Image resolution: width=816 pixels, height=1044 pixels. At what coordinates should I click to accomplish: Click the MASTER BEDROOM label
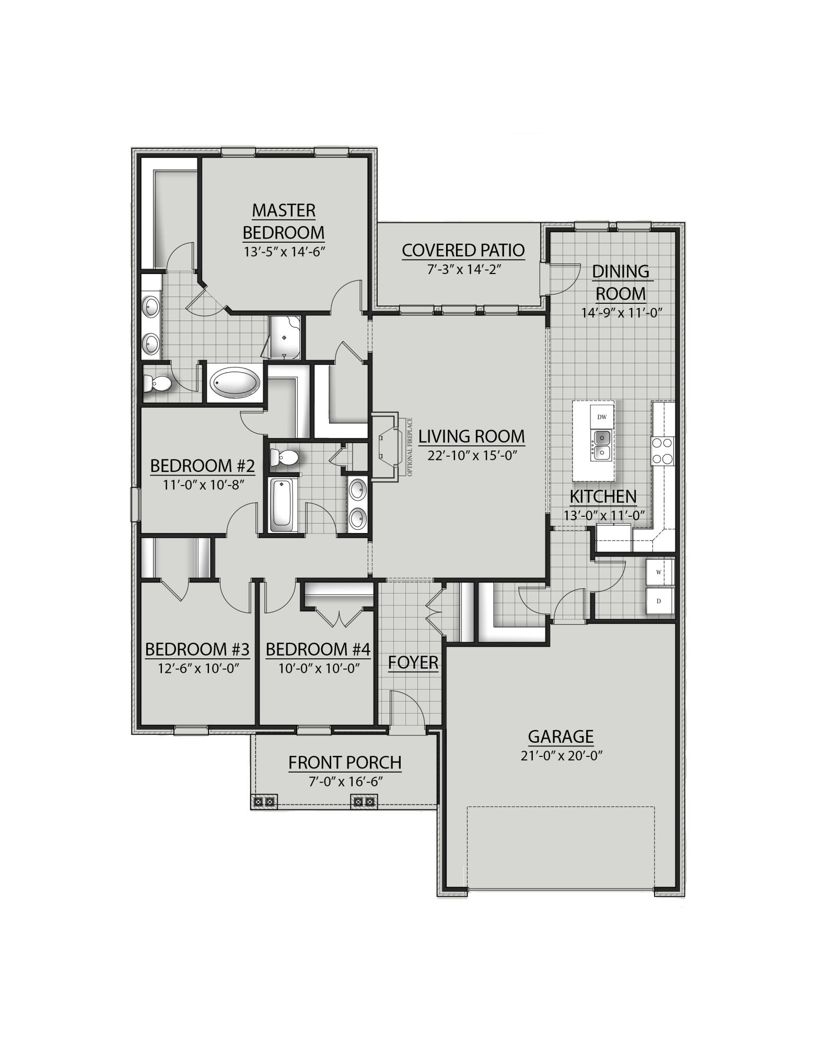(284, 221)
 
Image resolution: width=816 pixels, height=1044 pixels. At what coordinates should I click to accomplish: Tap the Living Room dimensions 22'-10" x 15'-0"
(472, 455)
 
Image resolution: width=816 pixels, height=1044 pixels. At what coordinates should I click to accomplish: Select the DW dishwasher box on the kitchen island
(602, 417)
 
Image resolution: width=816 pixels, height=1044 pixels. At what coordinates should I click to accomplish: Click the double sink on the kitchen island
(602, 445)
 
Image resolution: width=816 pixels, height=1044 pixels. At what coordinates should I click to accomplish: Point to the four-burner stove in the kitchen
(663, 451)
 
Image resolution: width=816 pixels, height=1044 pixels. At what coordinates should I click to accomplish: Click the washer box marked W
(659, 573)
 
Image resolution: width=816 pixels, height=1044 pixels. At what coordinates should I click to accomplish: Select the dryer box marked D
(659, 601)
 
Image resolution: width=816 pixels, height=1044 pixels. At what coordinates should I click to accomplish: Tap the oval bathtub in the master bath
(235, 384)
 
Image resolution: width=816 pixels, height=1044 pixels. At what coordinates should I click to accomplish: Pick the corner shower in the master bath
(285, 338)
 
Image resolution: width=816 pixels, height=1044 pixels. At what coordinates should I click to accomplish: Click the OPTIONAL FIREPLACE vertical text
(410, 446)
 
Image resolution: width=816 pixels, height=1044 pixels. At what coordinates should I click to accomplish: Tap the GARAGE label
(561, 737)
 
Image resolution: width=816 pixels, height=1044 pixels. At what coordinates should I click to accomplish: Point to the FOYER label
(413, 662)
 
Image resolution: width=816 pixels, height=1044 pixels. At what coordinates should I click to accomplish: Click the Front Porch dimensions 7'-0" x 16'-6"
(346, 781)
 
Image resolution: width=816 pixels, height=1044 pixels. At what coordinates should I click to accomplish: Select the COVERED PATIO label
(463, 250)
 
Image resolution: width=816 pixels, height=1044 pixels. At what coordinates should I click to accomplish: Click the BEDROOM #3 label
(197, 649)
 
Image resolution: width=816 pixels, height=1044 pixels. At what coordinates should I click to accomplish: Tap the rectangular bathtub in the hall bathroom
(282, 505)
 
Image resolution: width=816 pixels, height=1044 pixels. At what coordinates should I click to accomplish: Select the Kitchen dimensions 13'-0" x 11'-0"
(604, 515)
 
